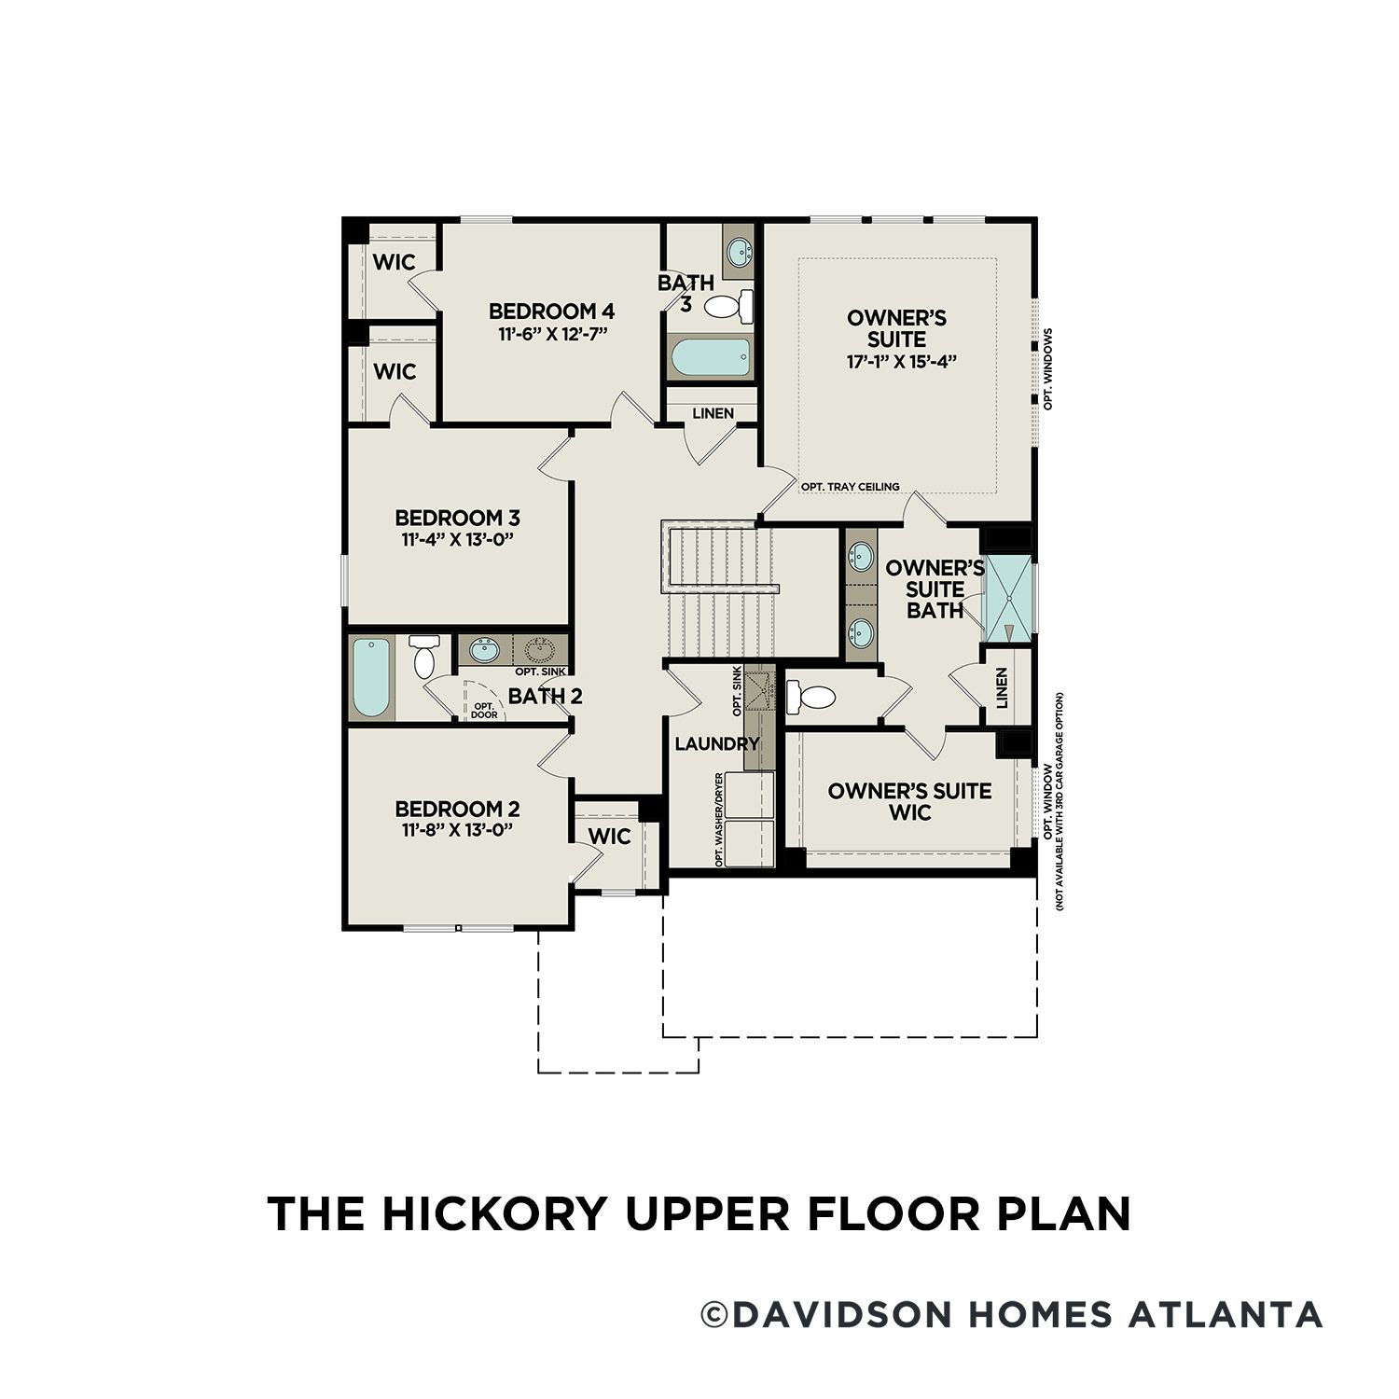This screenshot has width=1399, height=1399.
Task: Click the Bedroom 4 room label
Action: click(551, 311)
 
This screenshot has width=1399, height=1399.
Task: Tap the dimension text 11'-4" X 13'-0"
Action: click(458, 540)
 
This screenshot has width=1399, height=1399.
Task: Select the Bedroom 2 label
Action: click(457, 809)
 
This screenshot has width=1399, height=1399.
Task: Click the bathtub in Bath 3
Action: click(710, 357)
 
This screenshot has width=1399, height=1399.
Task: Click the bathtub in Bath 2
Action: click(370, 677)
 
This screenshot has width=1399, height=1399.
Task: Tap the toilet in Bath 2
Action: click(424, 657)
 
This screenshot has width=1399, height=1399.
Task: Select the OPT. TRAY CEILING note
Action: click(850, 487)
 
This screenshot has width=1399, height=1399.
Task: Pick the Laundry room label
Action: click(716, 743)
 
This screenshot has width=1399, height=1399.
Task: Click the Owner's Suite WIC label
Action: click(909, 801)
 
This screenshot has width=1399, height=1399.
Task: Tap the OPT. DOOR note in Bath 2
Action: click(484, 711)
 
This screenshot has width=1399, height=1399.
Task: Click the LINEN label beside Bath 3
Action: click(713, 413)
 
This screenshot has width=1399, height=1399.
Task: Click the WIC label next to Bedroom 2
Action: click(610, 837)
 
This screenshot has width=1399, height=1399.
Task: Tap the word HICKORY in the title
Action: click(493, 1213)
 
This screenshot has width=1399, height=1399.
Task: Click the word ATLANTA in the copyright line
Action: click(1226, 1314)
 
